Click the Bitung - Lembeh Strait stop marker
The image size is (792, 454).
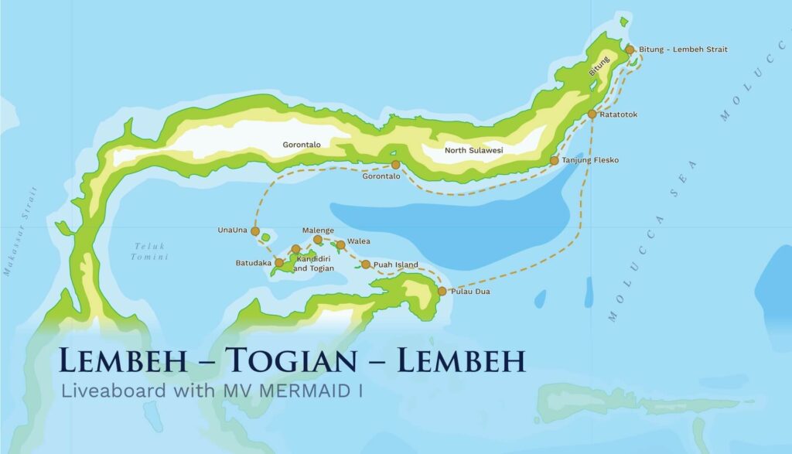(x=630, y=49)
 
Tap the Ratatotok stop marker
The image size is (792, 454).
(x=592, y=114)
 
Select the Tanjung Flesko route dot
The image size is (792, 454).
(x=555, y=161)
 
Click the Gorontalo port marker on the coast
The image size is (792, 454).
(x=395, y=165)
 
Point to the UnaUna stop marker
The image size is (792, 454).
(x=255, y=230)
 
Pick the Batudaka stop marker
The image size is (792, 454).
(x=279, y=263)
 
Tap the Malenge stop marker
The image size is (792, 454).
(x=318, y=240)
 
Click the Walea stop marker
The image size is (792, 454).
(x=340, y=244)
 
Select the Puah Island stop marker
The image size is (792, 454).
(x=366, y=265)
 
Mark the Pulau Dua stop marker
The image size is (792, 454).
(x=442, y=292)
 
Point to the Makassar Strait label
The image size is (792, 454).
(x=20, y=232)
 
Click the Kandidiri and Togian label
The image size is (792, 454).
(x=313, y=264)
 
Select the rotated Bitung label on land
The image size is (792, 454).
(x=599, y=65)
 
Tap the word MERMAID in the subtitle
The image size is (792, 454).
(x=309, y=391)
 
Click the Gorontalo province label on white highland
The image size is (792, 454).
(x=302, y=144)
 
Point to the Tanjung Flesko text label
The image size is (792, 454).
(x=590, y=161)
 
